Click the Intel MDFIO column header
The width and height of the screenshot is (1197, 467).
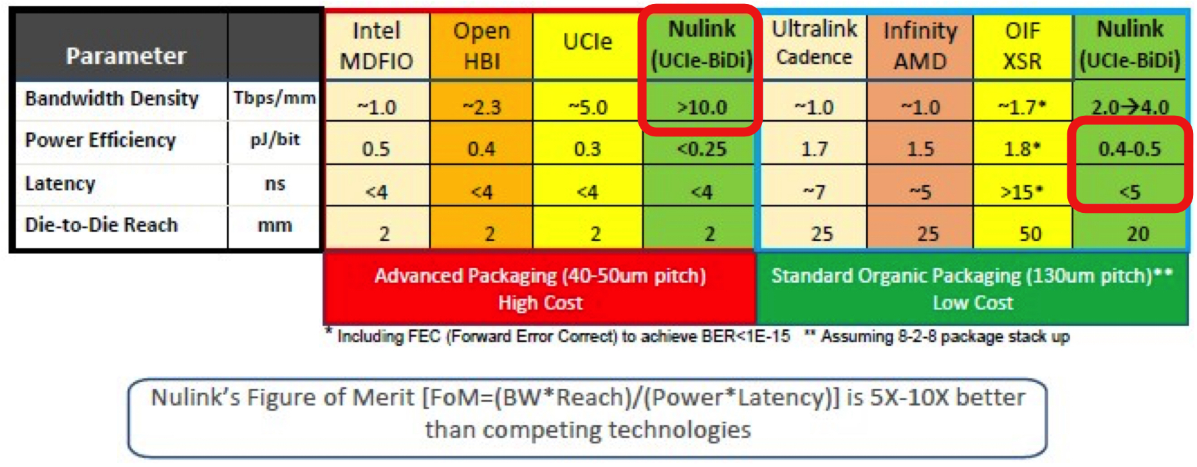click(x=376, y=46)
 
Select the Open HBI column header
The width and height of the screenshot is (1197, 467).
click(x=481, y=46)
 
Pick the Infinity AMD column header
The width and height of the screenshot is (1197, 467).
click(x=920, y=46)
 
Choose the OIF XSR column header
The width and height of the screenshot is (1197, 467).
click(x=1023, y=46)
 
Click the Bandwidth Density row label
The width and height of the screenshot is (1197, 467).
click(x=112, y=98)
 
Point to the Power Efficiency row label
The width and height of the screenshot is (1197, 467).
click(x=100, y=140)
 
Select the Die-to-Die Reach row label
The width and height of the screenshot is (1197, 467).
click(x=101, y=225)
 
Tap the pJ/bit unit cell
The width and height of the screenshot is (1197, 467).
click(x=275, y=140)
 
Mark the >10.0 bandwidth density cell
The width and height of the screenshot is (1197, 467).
click(x=702, y=106)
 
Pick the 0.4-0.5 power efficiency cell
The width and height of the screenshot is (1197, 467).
click(x=1129, y=148)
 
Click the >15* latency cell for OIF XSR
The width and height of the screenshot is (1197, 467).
click(x=1023, y=192)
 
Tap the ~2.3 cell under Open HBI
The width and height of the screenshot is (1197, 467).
click(x=481, y=106)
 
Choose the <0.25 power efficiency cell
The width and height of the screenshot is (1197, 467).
click(x=702, y=148)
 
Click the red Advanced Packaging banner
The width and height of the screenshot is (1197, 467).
click(x=540, y=289)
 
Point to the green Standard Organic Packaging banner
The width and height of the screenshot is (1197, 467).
click(x=972, y=289)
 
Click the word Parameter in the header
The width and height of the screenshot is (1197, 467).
click(x=126, y=56)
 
